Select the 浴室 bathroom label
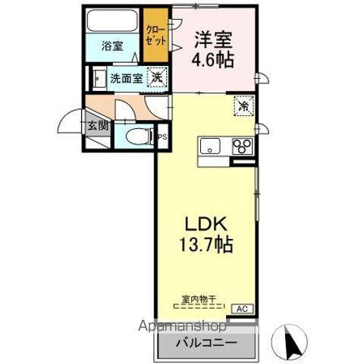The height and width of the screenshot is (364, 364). [x=112, y=45]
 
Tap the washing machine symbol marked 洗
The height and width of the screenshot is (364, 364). [x=155, y=76]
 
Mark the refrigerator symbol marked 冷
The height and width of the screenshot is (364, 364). [x=244, y=107]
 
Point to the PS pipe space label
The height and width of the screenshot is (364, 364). [x=162, y=137]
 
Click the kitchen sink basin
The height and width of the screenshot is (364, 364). [x=209, y=146]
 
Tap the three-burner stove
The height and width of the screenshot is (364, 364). [x=243, y=146]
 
